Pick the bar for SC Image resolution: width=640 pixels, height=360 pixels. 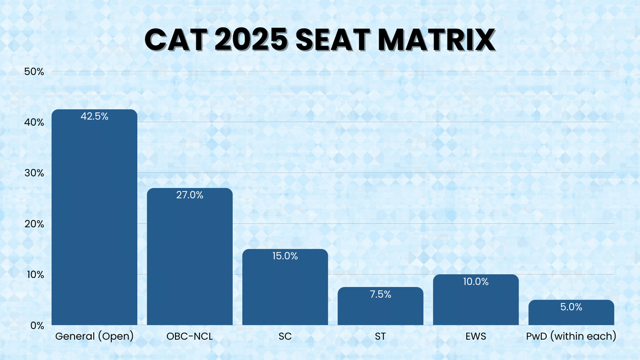click(x=285, y=291)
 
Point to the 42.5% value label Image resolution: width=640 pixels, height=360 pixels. click(x=94, y=117)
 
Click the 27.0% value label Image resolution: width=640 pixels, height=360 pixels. click(x=190, y=195)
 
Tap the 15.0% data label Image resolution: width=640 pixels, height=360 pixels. click(x=285, y=256)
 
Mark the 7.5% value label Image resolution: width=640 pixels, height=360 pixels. click(x=380, y=294)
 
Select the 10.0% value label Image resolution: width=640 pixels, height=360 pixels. click(x=476, y=282)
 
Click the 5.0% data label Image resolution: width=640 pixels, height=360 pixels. click(x=571, y=307)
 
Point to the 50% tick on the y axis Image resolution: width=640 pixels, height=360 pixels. click(x=34, y=71)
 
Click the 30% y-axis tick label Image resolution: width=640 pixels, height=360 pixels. click(x=34, y=173)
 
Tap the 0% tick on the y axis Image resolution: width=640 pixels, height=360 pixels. click(x=36, y=325)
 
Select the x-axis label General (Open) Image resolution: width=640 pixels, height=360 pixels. click(x=94, y=337)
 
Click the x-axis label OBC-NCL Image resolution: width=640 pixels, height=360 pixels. click(x=190, y=337)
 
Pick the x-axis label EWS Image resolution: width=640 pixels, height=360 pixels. click(x=476, y=337)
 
